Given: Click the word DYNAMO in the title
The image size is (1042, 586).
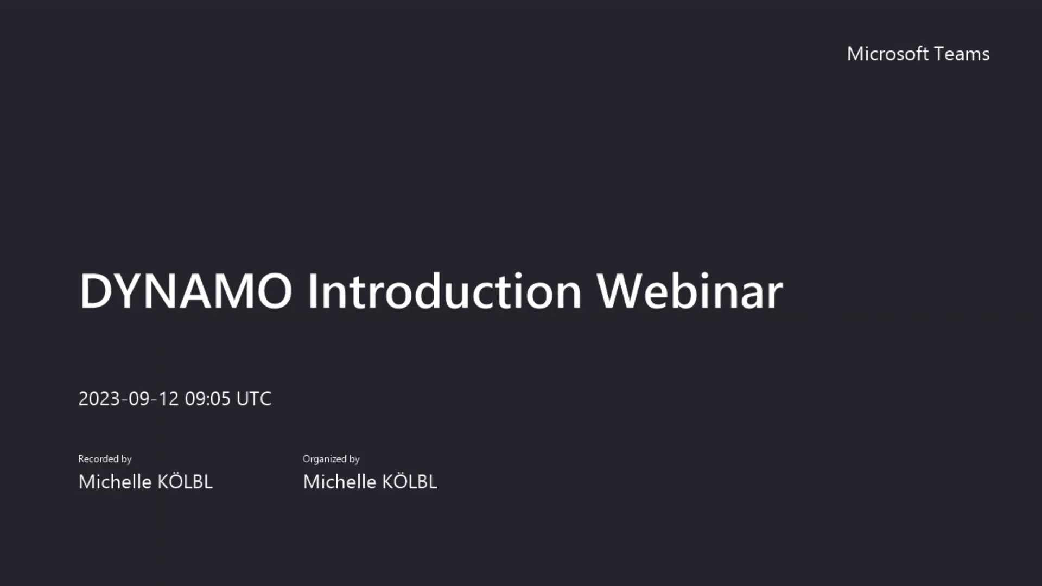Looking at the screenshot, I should (186, 291).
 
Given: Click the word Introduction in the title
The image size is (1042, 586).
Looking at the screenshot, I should (444, 291).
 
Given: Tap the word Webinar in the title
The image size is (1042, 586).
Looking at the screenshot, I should (689, 291).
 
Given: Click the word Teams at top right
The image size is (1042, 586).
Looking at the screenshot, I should (962, 54).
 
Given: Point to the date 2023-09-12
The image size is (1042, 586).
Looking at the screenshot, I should (128, 399).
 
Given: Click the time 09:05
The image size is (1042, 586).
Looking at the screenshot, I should (208, 399).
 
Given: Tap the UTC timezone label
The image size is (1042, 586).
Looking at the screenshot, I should (253, 399).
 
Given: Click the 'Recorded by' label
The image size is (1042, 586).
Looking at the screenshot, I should (105, 459).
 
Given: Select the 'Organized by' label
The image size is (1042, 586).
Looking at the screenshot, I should (331, 459).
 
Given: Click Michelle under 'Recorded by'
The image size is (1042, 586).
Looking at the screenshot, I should (115, 482).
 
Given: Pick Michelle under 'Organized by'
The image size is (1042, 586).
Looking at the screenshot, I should (340, 482).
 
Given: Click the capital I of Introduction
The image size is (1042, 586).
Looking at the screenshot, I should (313, 291).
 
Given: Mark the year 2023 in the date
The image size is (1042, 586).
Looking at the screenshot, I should (99, 399).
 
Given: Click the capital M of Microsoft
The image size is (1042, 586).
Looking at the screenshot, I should (857, 54).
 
